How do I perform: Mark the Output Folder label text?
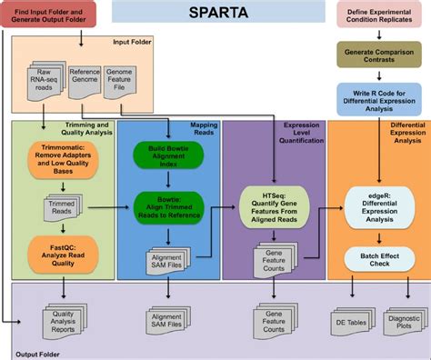coord(36,351)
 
